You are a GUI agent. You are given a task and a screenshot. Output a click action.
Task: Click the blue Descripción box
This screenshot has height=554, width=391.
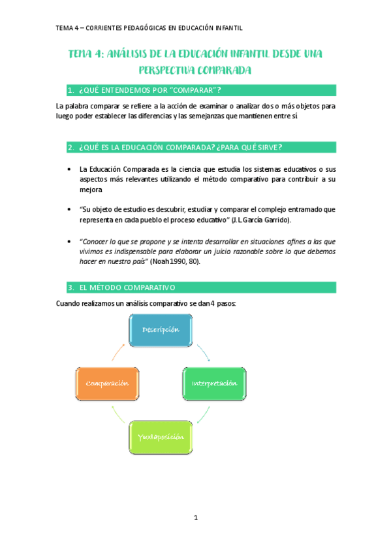coord(161,330)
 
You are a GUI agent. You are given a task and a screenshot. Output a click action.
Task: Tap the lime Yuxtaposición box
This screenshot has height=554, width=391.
coord(161,434)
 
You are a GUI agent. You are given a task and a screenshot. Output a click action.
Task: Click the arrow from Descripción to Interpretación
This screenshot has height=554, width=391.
coord(202,351)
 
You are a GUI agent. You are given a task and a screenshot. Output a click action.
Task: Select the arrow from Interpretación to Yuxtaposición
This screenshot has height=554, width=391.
coord(204,413)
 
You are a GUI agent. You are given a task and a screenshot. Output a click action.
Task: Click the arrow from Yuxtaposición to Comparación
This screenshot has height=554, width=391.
coord(117,413)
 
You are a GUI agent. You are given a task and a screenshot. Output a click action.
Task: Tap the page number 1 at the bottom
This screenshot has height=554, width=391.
coord(195,518)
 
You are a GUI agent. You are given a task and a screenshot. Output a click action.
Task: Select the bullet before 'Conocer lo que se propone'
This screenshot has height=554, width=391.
coord(70,241)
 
